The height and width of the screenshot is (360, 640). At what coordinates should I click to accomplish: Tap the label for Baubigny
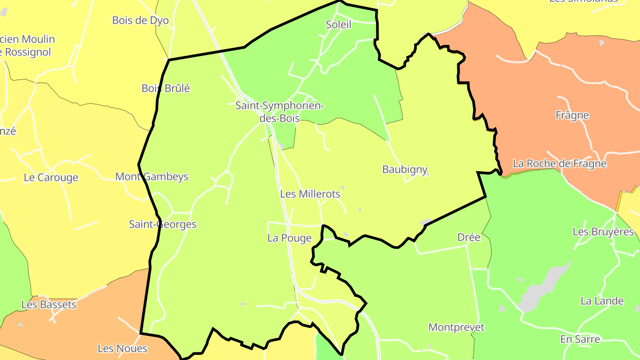coord(405,169)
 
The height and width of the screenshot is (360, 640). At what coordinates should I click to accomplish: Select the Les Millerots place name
coord(310,194)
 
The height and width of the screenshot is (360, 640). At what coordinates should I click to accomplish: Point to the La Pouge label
coord(290,238)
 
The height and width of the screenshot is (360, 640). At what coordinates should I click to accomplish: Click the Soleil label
coord(339,25)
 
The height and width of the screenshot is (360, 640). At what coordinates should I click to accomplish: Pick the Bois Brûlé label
coord(166,88)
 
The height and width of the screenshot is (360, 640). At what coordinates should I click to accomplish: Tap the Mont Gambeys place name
coord(152,177)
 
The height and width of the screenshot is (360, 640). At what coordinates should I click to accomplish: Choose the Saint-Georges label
coord(163,224)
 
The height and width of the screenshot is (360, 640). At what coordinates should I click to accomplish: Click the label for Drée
coord(469,238)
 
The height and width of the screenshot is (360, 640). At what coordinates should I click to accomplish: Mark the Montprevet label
coord(456,328)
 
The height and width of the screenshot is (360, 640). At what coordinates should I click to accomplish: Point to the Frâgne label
coord(572,116)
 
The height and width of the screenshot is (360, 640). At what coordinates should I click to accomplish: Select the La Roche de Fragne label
coord(560,164)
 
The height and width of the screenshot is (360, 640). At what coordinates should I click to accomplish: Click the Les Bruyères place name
coord(603,232)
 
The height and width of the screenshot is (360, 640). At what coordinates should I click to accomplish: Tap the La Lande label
coord(602,301)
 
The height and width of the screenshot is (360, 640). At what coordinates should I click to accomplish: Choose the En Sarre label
coord(580,340)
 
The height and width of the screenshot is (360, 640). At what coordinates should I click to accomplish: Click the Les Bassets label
coord(49,305)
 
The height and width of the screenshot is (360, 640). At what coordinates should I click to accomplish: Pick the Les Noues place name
coord(123,348)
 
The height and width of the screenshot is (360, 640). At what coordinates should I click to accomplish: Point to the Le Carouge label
coord(51,178)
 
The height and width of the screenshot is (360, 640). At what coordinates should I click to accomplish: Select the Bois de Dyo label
coord(140,20)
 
